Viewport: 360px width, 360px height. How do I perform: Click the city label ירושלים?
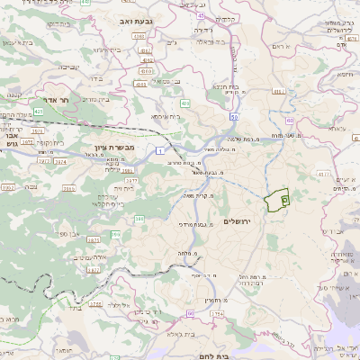pyautogui.click(x=238, y=220)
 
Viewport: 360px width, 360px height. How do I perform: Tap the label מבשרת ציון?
pyautogui.click(x=114, y=146)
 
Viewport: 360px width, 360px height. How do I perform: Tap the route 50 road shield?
pyautogui.click(x=232, y=117)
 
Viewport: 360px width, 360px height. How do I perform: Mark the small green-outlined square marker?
pyautogui.click(x=284, y=200)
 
